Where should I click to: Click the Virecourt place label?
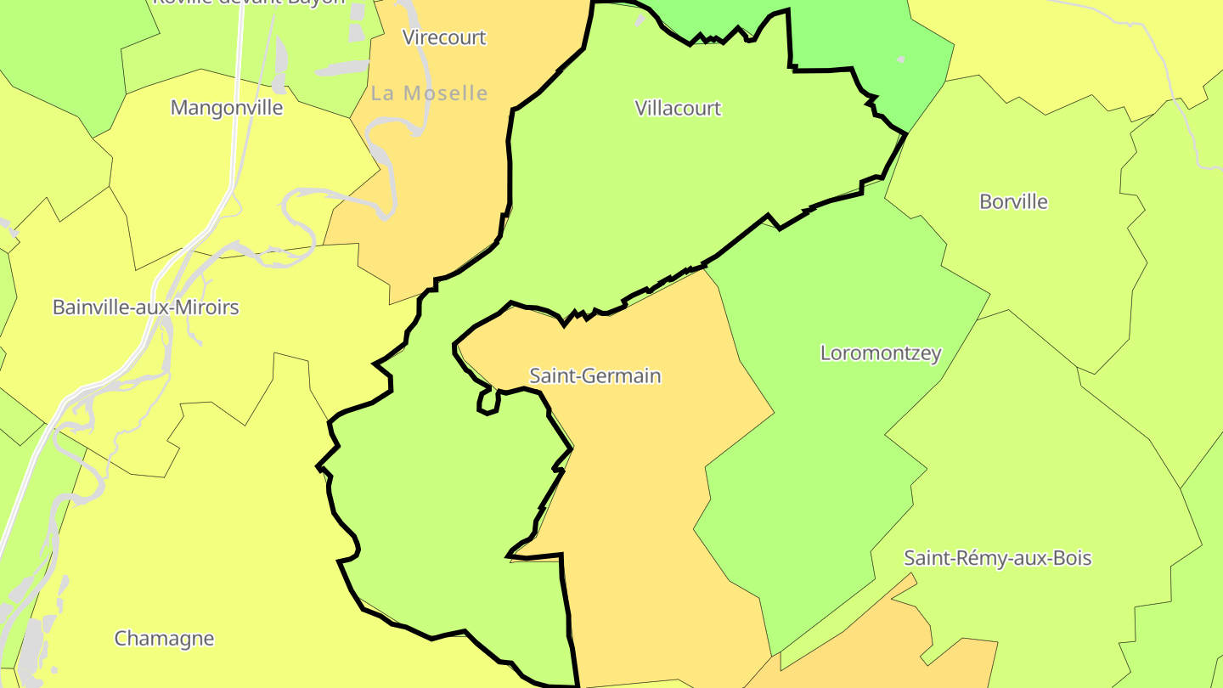point(444,37)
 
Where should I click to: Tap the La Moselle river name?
point(430,93)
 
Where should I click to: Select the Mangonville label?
point(227,108)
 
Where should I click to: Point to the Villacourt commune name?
point(678,108)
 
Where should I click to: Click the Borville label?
point(1013,201)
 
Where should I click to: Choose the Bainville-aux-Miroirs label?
point(146,307)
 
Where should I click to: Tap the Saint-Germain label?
point(595,375)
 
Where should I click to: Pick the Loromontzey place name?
point(881,352)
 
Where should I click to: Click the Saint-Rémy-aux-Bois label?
point(997,558)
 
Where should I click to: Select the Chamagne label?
point(164,638)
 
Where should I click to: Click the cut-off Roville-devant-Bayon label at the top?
point(249,3)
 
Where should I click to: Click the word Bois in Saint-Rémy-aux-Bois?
point(1072,558)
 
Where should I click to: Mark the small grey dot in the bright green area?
point(901,59)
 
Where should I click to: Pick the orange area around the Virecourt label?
point(442,170)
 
